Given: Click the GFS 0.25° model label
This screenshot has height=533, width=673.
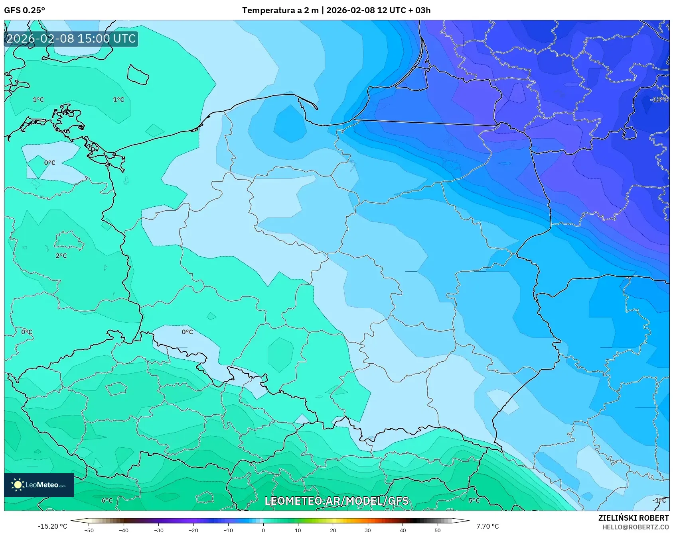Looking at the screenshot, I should [24, 10].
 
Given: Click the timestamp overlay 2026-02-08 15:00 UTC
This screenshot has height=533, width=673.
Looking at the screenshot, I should [71, 39].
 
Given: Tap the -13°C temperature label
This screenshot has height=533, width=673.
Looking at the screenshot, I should [659, 100].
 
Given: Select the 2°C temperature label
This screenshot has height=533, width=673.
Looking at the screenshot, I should [61, 256].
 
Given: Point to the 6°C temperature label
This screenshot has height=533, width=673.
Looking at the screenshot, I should [107, 500].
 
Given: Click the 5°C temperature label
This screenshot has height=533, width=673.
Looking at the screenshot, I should [474, 500].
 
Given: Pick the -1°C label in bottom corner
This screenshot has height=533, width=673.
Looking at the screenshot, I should [659, 500].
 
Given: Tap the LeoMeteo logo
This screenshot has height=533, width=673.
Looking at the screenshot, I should [39, 485].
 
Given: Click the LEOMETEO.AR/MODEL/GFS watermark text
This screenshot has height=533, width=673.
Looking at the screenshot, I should [336, 501].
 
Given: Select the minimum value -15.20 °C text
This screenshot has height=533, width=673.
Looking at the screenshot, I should [52, 526].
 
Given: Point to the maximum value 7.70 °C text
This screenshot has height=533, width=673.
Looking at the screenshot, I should [487, 526].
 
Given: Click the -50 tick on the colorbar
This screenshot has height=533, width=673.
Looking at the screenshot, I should [89, 530].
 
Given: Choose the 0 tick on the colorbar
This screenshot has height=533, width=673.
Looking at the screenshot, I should [263, 530].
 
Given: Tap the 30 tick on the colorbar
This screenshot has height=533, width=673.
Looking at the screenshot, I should [367, 530].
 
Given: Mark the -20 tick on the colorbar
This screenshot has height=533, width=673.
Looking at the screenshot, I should [193, 530].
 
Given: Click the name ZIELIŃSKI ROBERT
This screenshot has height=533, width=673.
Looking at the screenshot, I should [633, 518].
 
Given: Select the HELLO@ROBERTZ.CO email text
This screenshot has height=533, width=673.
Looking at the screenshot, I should [635, 527].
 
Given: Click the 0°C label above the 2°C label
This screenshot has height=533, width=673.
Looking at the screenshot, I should [49, 163].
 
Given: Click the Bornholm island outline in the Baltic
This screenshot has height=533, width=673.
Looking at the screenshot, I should [138, 74].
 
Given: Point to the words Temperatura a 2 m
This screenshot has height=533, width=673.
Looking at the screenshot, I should [280, 10].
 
